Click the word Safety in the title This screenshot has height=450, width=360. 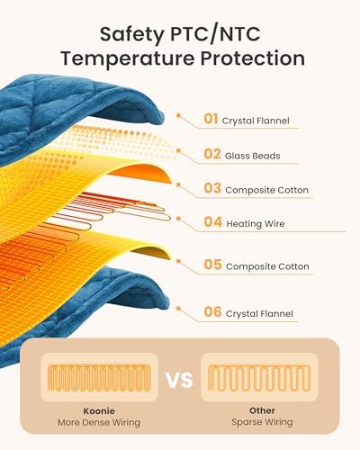(132, 35)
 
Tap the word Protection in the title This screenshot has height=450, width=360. (253, 58)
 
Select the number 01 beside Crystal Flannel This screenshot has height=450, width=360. (211, 119)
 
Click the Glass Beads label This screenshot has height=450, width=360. (253, 156)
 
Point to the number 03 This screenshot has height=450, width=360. (212, 188)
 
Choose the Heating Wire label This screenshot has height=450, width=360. (256, 224)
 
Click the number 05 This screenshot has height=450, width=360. (212, 265)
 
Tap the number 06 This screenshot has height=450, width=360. (212, 311)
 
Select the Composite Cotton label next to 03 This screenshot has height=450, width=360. (266, 190)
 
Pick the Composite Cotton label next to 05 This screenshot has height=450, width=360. (267, 266)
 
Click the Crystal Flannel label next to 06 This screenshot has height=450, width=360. (259, 314)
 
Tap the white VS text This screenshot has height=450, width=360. (179, 380)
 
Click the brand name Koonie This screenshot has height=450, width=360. (99, 410)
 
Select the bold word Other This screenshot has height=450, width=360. (262, 410)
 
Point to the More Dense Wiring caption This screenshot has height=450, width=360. (99, 422)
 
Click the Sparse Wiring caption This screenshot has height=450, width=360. (262, 422)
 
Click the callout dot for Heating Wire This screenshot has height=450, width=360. (178, 219)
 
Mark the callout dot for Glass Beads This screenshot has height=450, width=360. (178, 150)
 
